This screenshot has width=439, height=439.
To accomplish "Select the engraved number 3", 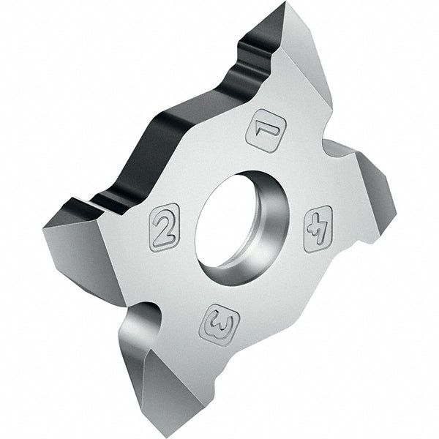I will click(x=219, y=324).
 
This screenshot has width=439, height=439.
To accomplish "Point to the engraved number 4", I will click(x=318, y=228).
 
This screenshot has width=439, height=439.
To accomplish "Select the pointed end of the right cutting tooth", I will click(x=396, y=211).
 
